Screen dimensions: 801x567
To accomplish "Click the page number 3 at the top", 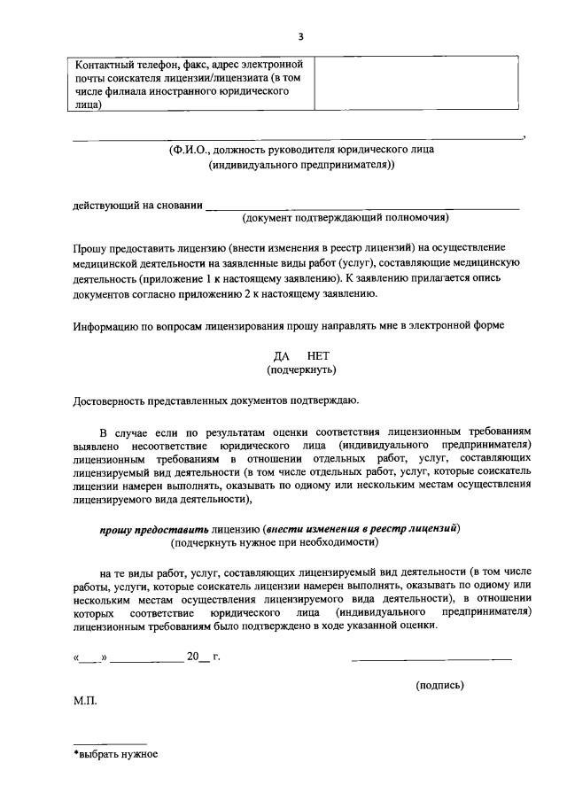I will pos(300,36).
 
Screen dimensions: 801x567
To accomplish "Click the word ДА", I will pos(282,356).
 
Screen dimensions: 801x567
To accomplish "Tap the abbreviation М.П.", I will pos(86,699).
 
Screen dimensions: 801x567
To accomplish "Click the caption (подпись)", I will pos(439,685).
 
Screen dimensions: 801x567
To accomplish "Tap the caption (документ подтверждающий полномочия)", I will pos(346,217).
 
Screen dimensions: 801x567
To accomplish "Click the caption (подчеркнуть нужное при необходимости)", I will pos(276,541).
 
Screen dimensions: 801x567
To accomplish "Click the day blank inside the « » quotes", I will pos(91,657).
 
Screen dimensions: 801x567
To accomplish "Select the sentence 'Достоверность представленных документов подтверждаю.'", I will pos(215,402).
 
